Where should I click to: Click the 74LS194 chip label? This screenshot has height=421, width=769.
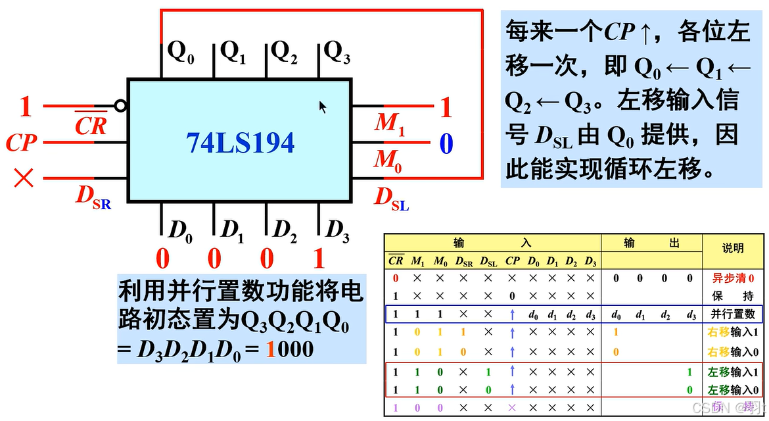pyautogui.click(x=240, y=143)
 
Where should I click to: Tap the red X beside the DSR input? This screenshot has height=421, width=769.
pyautogui.click(x=24, y=178)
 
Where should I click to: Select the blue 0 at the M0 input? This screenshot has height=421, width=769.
pyautogui.click(x=446, y=143)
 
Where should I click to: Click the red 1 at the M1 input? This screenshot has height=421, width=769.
pyautogui.click(x=446, y=107)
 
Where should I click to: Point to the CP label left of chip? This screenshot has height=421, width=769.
pyautogui.click(x=22, y=142)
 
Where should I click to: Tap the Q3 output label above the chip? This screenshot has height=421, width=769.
pyautogui.click(x=337, y=52)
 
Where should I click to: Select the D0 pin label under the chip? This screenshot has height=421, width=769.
pyautogui.click(x=180, y=230)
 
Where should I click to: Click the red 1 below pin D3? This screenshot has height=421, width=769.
pyautogui.click(x=319, y=259)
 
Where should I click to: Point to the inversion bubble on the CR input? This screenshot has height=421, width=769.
pyautogui.click(x=119, y=105)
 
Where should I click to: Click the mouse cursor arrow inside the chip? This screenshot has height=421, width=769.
pyautogui.click(x=323, y=107)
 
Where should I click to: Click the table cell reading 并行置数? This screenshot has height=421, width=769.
pyautogui.click(x=733, y=314)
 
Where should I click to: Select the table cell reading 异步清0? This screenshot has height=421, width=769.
pyautogui.click(x=733, y=278)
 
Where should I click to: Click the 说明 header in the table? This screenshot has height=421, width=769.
pyautogui.click(x=733, y=248)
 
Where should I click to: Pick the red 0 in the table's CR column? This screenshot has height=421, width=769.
pyautogui.click(x=396, y=278)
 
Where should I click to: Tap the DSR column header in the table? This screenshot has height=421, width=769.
pyautogui.click(x=463, y=261)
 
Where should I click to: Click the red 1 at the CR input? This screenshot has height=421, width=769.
pyautogui.click(x=26, y=107)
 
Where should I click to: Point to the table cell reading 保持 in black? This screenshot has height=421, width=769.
pyautogui.click(x=733, y=296)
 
